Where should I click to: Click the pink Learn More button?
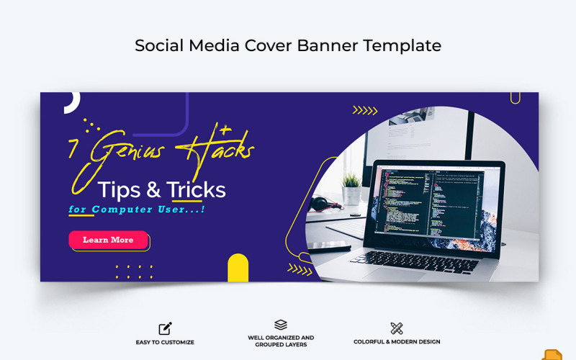108,240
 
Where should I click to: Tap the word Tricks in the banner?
196,190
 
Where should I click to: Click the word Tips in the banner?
119,190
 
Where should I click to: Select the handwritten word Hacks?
220,150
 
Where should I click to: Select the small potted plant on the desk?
351,189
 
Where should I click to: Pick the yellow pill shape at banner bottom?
238,268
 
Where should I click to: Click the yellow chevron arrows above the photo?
365,110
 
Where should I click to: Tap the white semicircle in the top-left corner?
71,103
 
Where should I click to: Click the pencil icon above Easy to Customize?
165,328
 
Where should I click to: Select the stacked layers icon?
281,325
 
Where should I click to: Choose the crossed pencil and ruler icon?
397,328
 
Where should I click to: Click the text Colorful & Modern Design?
397,342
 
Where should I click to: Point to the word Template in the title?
402,45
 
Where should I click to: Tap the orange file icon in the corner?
552,355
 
